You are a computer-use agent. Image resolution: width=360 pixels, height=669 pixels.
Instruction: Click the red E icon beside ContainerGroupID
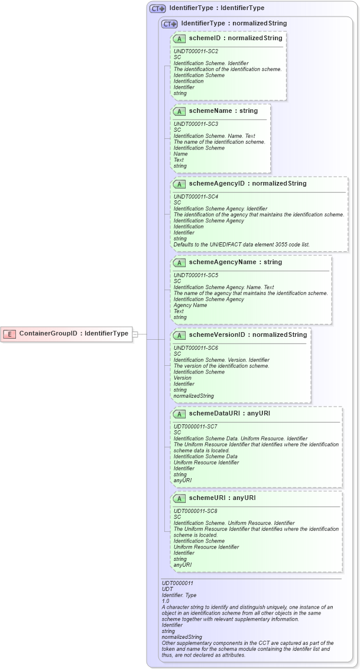(9, 334)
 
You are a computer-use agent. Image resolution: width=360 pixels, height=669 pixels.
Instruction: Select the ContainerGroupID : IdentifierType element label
(73, 334)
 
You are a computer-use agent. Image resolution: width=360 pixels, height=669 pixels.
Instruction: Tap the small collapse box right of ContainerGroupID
(135, 334)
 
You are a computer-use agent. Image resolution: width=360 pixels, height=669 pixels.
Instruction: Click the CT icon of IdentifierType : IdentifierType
(157, 9)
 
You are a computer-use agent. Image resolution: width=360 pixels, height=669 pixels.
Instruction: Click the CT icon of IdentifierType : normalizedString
(170, 24)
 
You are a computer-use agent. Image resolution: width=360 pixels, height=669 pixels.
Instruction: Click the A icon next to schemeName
(179, 111)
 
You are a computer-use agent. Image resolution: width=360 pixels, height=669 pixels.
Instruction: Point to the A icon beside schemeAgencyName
(179, 262)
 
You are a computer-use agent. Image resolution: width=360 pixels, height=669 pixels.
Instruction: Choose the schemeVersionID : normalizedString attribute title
(248, 335)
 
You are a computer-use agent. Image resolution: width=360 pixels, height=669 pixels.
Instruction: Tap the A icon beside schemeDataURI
(179, 414)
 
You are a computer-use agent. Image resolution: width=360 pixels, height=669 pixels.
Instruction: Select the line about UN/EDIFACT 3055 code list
(241, 245)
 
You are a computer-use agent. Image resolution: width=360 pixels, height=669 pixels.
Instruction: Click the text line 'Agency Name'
(190, 306)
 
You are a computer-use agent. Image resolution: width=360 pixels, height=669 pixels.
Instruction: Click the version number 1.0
(166, 601)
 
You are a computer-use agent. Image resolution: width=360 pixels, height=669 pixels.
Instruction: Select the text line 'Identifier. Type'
(179, 595)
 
